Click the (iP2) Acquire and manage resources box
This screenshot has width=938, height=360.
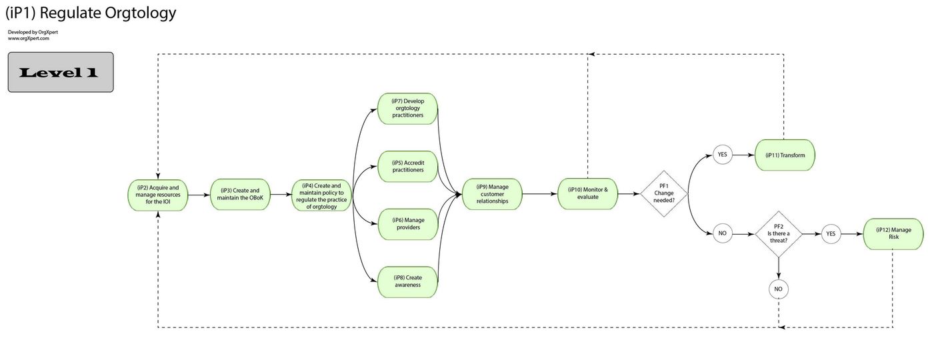158,195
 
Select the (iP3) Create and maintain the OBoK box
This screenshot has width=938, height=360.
240,195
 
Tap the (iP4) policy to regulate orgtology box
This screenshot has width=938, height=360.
323,195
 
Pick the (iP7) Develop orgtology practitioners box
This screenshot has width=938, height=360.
407,108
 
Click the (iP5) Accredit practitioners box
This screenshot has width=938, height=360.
407,166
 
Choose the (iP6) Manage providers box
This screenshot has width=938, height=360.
407,224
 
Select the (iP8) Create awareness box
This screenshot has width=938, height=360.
407,281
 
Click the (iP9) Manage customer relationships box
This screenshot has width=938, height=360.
492,194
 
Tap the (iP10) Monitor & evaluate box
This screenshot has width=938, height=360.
587,194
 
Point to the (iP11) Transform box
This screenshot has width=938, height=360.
785,155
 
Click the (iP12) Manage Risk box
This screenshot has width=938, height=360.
893,234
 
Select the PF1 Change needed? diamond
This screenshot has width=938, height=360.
663,194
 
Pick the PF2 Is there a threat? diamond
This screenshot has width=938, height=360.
777,234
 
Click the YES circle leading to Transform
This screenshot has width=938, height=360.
721,155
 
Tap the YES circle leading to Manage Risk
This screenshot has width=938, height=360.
831,234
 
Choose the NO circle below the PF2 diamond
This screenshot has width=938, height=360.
777,289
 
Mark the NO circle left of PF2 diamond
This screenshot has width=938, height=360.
721,234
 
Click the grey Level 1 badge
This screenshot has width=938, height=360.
60,72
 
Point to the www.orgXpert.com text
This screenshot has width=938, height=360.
29,39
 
